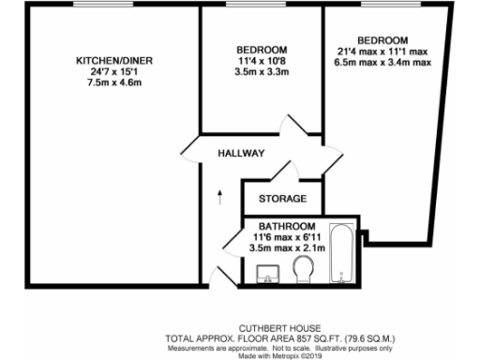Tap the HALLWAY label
click(241, 153)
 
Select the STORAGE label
click(283, 199)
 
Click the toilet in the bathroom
click(302, 272)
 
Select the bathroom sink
click(267, 276)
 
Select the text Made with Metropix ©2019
click(281, 354)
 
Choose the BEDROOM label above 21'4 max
click(382, 39)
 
